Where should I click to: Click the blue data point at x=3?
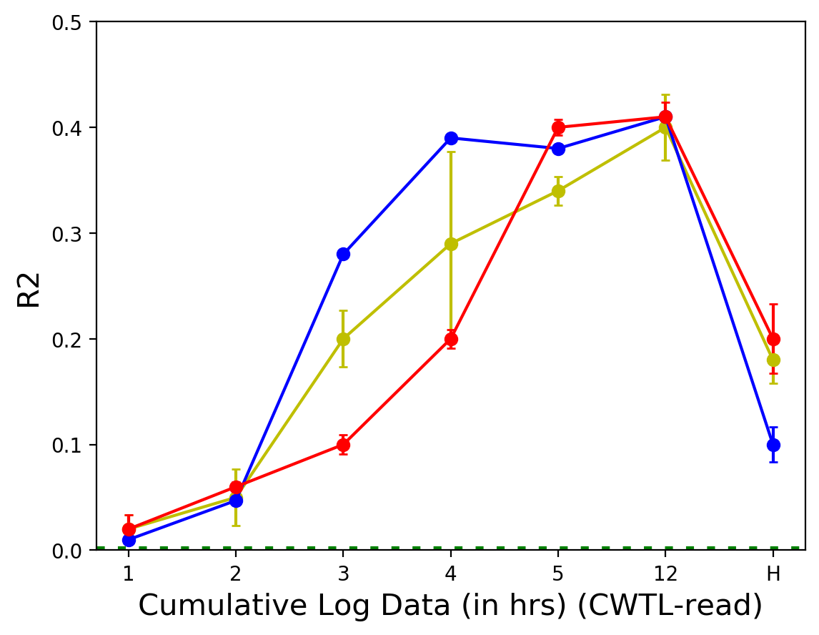(343, 254)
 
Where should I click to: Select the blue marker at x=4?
(451, 138)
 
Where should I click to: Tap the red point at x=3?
(343, 445)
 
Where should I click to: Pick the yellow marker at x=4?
(451, 244)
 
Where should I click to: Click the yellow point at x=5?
(558, 191)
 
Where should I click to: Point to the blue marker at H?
(773, 445)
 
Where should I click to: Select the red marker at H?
(773, 339)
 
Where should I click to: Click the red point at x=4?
(451, 339)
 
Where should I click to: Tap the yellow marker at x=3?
(343, 339)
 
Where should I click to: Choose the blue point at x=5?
(558, 149)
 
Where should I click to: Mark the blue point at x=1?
(129, 540)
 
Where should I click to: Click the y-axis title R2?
(29, 286)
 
